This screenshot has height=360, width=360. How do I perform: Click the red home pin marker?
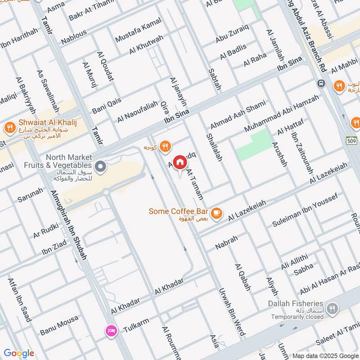pyautogui.click(x=180, y=162)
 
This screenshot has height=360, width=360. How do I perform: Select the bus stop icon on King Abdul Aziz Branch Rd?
pyautogui.click(x=321, y=84)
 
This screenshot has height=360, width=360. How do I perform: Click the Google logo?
pyautogui.click(x=18, y=353)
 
